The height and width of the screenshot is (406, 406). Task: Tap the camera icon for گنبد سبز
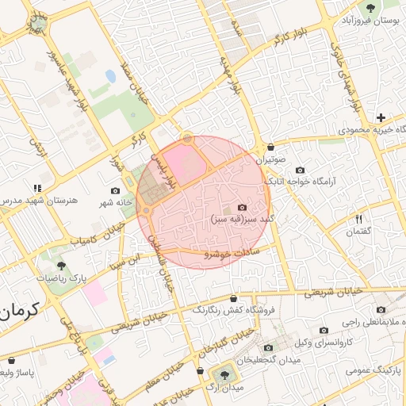243,207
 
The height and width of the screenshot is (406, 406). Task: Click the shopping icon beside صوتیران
272,147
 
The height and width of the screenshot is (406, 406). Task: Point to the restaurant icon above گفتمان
359,219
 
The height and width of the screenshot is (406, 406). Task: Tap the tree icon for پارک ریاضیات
63,266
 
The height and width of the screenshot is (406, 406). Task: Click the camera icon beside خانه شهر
117,190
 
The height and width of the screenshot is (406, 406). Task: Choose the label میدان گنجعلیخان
274,362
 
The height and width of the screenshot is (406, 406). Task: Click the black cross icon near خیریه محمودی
381,117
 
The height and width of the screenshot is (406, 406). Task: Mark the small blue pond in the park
109,76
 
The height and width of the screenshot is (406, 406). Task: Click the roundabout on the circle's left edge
147,210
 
